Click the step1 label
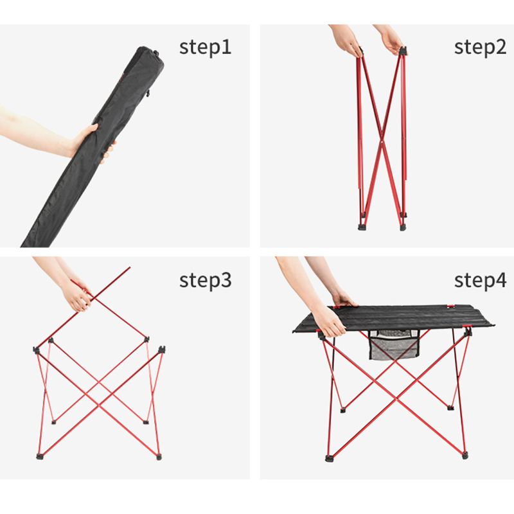[x=205, y=48]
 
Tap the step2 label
[x=480, y=48]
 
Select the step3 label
[x=205, y=281]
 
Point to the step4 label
[x=480, y=281]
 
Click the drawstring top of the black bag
[x=148, y=53]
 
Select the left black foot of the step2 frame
[x=362, y=227]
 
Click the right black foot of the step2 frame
[x=402, y=227]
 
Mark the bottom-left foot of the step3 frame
[x=40, y=456]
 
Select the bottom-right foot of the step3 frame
[x=159, y=456]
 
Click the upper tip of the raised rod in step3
[x=130, y=268]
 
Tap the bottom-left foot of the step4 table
[x=329, y=458]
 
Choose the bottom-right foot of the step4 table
[x=465, y=455]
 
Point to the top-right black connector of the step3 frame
[x=162, y=350]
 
